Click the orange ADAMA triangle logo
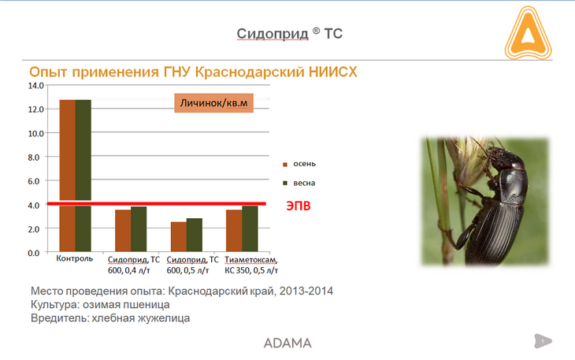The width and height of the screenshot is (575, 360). [x=528, y=34]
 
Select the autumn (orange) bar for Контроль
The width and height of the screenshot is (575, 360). [x=68, y=176]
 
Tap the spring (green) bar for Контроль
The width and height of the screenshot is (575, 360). [x=83, y=176]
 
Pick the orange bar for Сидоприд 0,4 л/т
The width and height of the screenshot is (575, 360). [x=123, y=231]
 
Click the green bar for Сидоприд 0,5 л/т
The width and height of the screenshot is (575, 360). [x=195, y=235]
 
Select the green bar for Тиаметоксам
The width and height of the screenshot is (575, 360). [x=250, y=228]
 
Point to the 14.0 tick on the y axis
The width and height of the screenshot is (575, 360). [x=35, y=86]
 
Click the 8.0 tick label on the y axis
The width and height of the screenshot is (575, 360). [x=33, y=158]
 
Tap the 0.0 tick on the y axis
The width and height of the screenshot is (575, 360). [x=33, y=254]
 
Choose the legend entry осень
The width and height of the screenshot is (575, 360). [x=299, y=164]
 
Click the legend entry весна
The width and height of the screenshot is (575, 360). [x=299, y=183]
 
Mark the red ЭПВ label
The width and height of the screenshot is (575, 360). [x=299, y=206]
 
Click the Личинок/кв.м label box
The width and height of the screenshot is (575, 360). [x=213, y=103]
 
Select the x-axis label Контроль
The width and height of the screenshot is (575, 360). [x=75, y=258]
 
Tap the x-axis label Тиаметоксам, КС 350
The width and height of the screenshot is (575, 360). [x=251, y=265]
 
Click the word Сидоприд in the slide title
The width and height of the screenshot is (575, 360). [x=273, y=34]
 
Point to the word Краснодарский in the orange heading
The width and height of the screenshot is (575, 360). [x=250, y=72]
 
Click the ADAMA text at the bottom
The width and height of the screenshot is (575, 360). [x=287, y=343]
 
